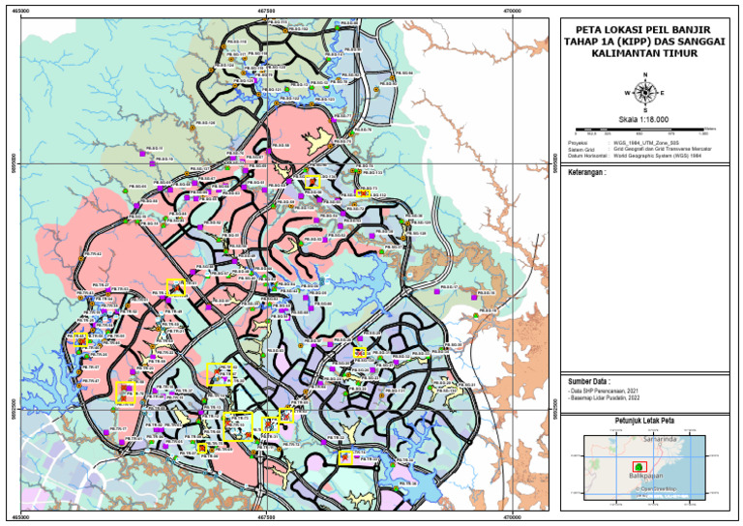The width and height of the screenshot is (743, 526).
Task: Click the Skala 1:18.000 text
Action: (x=643, y=119)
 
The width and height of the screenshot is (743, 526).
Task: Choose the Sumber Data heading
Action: (x=588, y=381)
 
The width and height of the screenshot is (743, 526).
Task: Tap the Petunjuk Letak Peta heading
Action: (x=643, y=422)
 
